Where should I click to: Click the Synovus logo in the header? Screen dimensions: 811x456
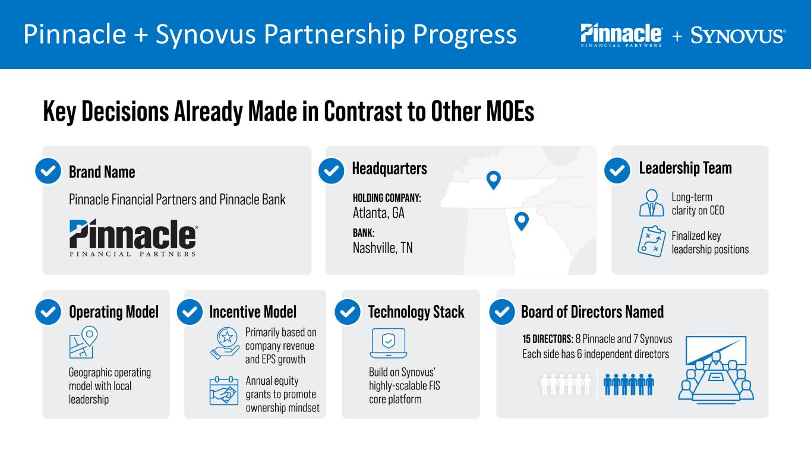(x=738, y=36)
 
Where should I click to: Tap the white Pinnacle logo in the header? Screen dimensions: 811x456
(x=621, y=35)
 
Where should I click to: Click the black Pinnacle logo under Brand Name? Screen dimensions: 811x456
(x=133, y=237)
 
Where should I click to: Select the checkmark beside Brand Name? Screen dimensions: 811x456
(x=48, y=171)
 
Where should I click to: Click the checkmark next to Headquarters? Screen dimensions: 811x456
(x=332, y=171)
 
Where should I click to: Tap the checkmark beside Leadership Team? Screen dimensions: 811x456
(x=617, y=170)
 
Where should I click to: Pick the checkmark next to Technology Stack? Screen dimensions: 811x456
(x=348, y=312)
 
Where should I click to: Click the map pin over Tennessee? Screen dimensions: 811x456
(x=494, y=180)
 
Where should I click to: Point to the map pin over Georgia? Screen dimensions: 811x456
(x=522, y=221)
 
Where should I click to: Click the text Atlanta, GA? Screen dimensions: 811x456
(x=378, y=213)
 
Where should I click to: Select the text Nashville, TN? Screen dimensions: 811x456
(x=383, y=248)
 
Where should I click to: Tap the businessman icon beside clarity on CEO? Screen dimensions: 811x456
(x=651, y=202)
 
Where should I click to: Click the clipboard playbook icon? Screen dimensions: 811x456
(x=651, y=242)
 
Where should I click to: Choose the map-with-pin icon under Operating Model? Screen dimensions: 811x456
(x=83, y=343)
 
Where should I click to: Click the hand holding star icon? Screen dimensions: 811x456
(x=225, y=343)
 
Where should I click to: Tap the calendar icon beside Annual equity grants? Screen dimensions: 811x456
(x=224, y=391)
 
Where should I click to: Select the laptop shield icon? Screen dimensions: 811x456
(x=389, y=343)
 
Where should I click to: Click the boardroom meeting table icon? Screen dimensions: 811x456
(x=716, y=370)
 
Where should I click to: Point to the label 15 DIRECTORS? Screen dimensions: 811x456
(x=547, y=339)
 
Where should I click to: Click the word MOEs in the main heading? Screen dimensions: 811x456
(x=510, y=112)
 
